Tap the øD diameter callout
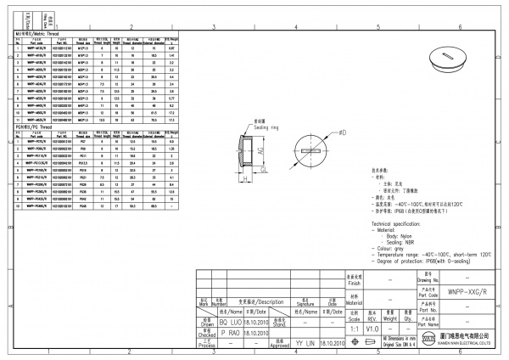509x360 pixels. click(342, 133)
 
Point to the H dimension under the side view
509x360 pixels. click(243, 179)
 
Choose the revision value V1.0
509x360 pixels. click(372, 327)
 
